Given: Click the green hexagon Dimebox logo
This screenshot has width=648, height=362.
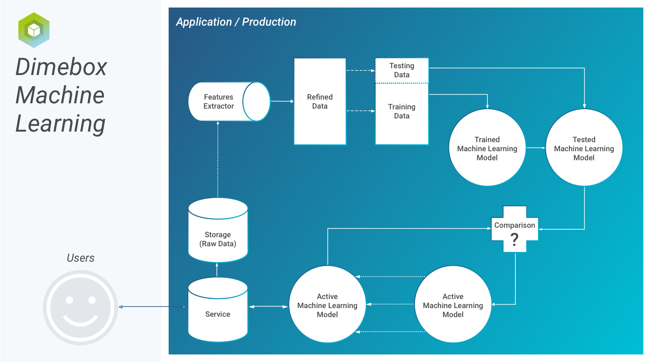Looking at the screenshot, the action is tap(34, 30).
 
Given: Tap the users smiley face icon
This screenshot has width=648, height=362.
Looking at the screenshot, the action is tap(80, 307).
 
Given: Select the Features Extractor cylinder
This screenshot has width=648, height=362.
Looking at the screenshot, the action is tap(229, 101).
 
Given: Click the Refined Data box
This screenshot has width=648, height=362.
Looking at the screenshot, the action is tap(320, 101).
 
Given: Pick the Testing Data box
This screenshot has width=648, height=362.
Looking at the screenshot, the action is tap(402, 71).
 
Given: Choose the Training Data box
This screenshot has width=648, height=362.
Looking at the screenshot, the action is tap(402, 114).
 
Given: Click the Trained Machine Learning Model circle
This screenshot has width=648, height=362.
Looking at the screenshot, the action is tap(487, 147).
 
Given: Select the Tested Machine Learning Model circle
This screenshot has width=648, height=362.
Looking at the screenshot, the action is tap(584, 147).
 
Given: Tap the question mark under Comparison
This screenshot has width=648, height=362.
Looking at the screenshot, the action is tap(514, 239).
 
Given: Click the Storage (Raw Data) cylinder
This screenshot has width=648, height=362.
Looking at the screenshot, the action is tap(218, 230).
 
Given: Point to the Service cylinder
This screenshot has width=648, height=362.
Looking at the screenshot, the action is tap(218, 310).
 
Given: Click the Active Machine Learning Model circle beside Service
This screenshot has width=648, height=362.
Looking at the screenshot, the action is tap(327, 304).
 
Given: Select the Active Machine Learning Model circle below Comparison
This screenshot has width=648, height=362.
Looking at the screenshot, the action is tap(453, 304).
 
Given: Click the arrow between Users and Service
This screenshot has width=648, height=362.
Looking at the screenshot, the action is tap(153, 307).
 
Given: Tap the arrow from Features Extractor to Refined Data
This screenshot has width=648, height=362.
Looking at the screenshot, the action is tap(282, 101).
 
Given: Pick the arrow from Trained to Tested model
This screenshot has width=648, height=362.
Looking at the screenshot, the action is tap(536, 148).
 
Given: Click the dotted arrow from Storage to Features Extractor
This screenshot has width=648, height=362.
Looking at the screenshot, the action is tap(218, 159).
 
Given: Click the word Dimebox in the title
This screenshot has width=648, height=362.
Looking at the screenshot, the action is tap(61, 67).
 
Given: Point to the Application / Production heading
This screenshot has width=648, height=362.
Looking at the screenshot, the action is tap(236, 22).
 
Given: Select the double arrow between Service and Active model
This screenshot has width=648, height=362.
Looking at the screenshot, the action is tap(269, 307).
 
